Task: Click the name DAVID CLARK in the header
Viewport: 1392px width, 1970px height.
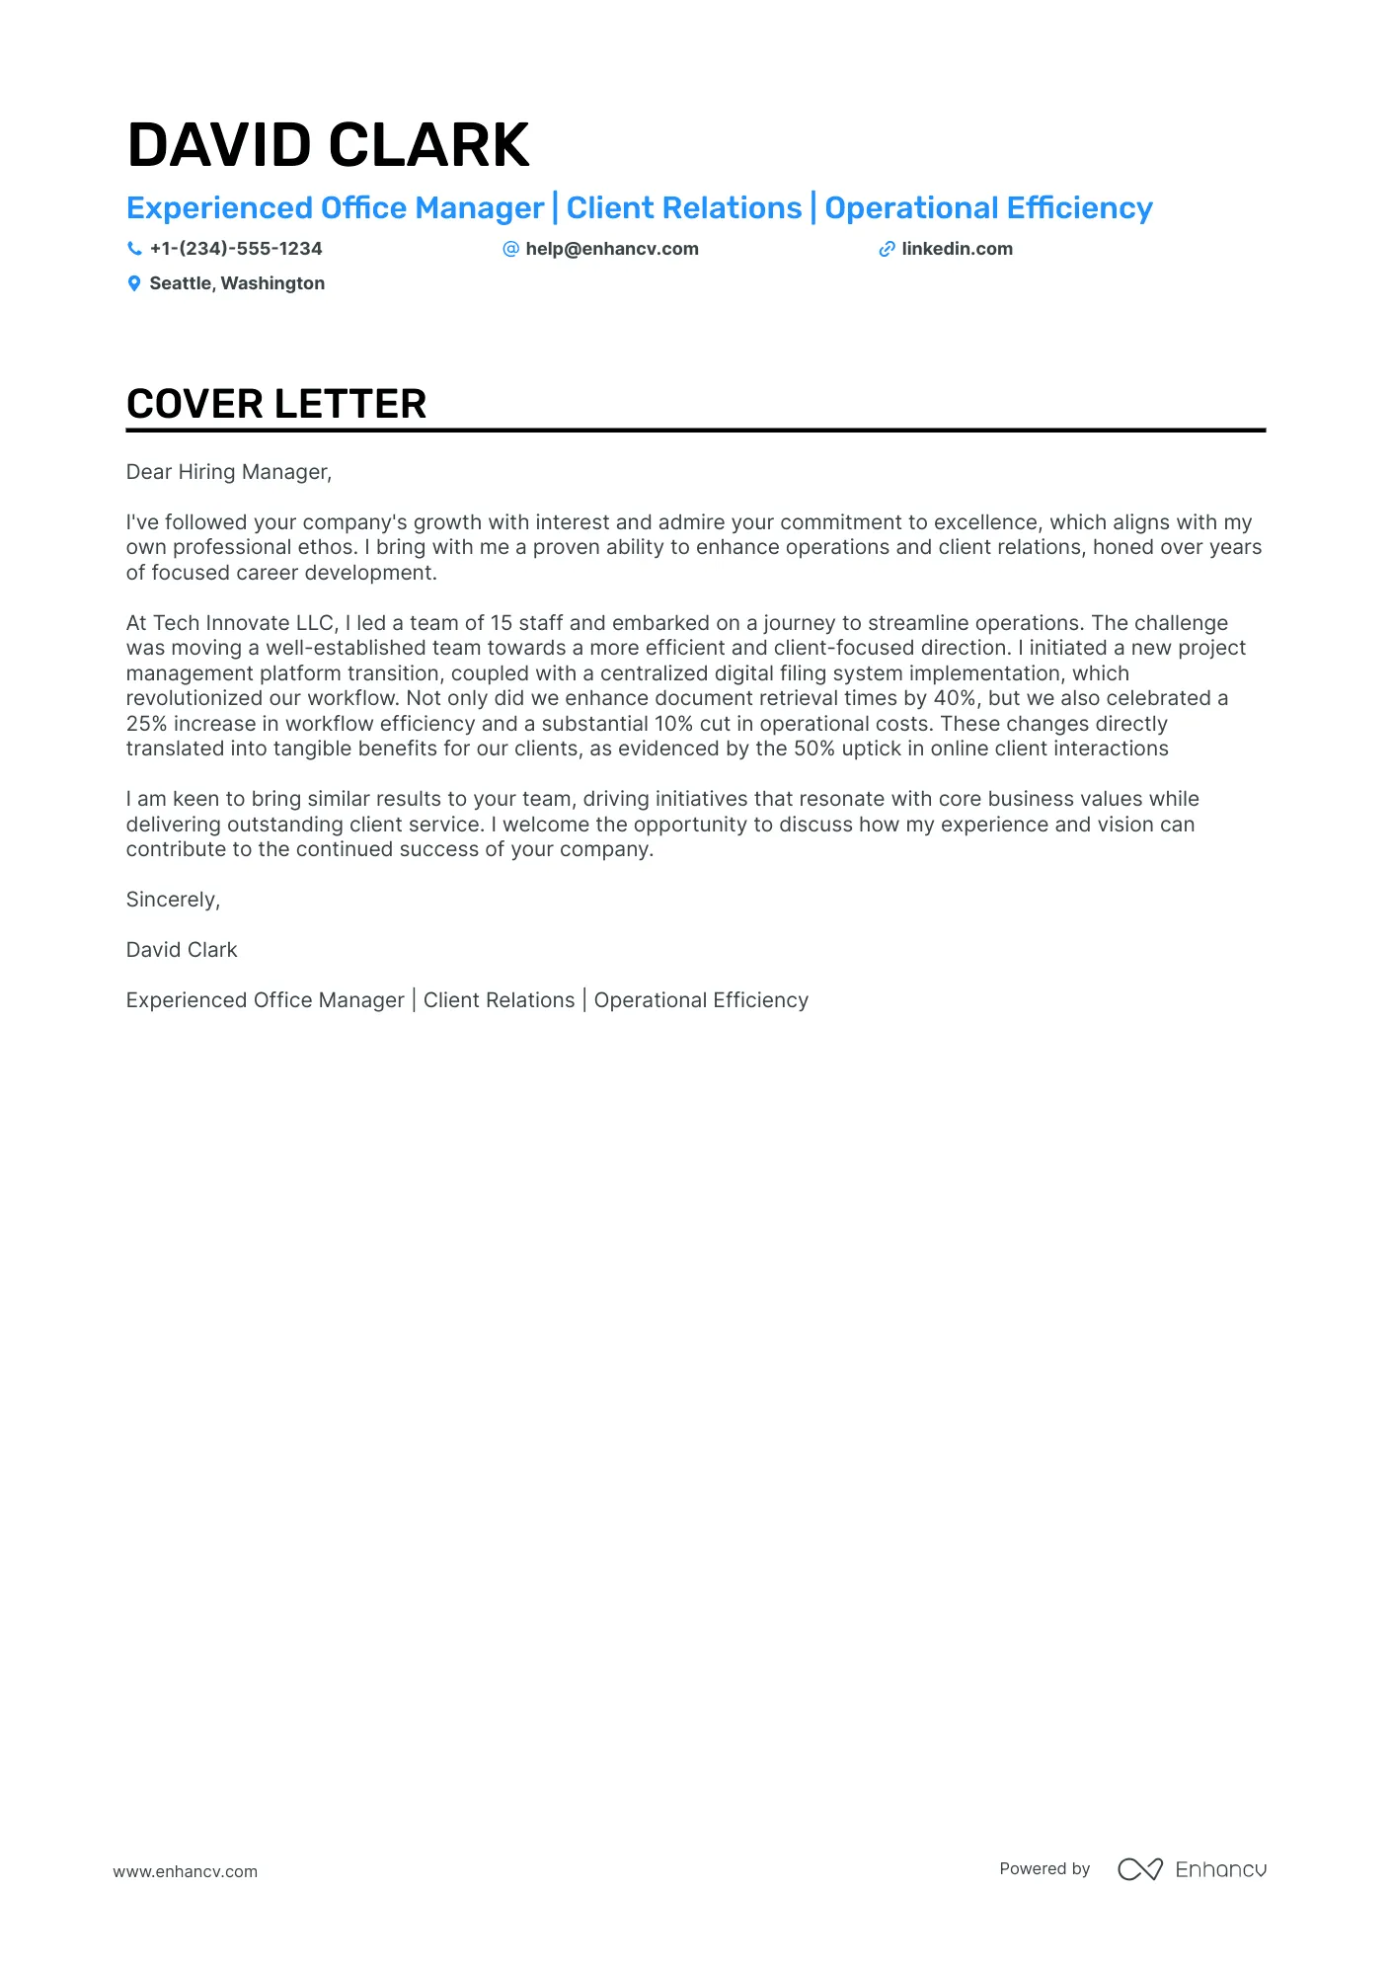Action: tap(328, 146)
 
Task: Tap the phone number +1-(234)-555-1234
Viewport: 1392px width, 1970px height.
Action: tap(236, 249)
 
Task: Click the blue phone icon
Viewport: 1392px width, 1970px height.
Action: tap(134, 249)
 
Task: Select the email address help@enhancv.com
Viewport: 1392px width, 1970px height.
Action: tap(611, 249)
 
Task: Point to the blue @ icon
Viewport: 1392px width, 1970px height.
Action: tap(510, 249)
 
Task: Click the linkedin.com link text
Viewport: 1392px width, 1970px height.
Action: tap(957, 249)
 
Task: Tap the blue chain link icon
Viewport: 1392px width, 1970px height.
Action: tap(887, 249)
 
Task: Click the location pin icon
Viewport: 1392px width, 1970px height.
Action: tap(134, 283)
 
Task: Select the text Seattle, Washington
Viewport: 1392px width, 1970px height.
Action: tap(237, 283)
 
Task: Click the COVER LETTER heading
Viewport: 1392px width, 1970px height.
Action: tap(276, 404)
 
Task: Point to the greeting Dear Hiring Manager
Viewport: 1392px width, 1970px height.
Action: tap(228, 472)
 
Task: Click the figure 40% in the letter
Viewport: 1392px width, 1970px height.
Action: tap(954, 698)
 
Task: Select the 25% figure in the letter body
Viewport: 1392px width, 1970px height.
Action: tap(146, 724)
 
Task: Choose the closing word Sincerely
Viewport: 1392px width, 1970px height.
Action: tap(172, 900)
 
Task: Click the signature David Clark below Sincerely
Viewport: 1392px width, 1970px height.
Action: tap(182, 950)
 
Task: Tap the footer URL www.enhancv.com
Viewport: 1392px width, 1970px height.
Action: tap(185, 1871)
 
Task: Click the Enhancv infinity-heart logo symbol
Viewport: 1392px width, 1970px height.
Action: tap(1139, 1869)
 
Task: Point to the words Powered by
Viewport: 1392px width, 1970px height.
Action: tap(1044, 1868)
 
